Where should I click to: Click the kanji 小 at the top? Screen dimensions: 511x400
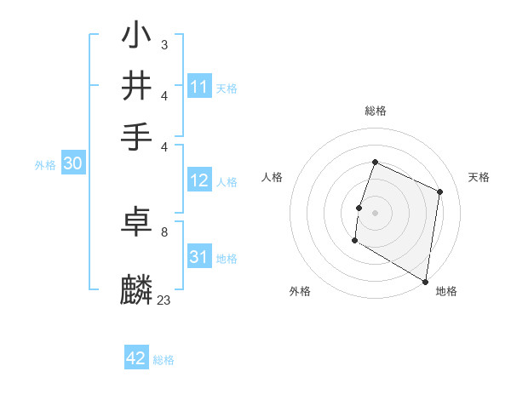click(137, 36)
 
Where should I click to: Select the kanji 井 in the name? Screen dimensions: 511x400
click(137, 86)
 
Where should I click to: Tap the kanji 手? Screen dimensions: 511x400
click(137, 136)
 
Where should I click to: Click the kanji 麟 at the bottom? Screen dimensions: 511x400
click(137, 289)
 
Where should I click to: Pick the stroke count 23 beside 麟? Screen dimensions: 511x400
click(164, 300)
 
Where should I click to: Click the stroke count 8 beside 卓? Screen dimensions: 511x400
click(164, 231)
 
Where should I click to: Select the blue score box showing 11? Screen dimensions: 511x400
click(199, 87)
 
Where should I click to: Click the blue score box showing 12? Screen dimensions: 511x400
click(199, 180)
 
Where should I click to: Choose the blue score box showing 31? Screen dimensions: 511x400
click(199, 257)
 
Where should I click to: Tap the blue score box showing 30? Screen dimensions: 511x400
click(72, 164)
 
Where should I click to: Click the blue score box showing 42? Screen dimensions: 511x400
click(136, 358)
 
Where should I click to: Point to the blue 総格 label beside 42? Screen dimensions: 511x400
click(164, 360)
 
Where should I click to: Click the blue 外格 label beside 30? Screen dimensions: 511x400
click(45, 166)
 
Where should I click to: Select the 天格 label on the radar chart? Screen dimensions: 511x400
click(479, 177)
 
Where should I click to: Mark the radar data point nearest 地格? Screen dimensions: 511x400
click(425, 280)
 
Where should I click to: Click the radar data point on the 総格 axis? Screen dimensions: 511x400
click(375, 163)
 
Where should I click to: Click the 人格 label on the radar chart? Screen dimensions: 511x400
click(273, 177)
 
